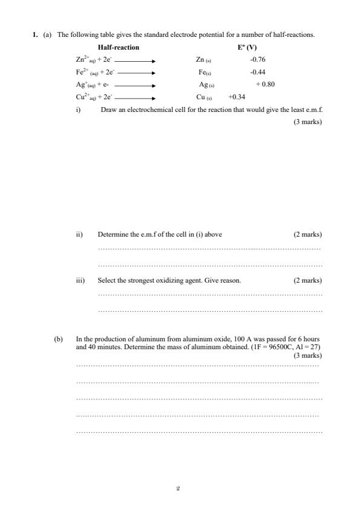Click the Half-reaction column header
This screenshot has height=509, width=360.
[x=118, y=47]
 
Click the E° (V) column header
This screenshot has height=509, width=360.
[x=247, y=47]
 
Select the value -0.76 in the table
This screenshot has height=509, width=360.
[x=258, y=60]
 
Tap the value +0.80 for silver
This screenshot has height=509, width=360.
[x=265, y=85]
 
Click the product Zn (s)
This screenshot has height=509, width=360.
[x=203, y=60]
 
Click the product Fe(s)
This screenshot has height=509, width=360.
[x=203, y=72]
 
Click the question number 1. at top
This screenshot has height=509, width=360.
[x=36, y=35]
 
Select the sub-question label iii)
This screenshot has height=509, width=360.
[x=79, y=281]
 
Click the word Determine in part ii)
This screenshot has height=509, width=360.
[x=112, y=234]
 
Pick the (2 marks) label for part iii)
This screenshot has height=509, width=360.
[x=307, y=281]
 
